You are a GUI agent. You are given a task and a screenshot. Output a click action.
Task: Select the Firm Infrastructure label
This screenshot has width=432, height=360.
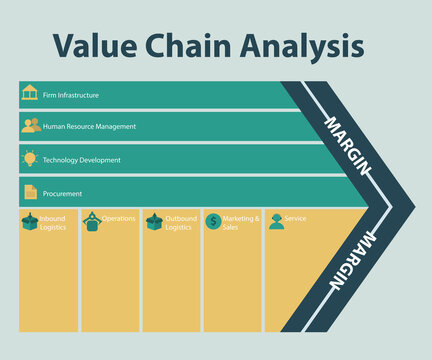tap(71, 96)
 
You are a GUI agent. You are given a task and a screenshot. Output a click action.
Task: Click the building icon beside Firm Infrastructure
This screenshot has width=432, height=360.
tap(30, 93)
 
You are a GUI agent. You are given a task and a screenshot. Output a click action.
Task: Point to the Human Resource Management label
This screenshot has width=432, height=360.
tap(89, 127)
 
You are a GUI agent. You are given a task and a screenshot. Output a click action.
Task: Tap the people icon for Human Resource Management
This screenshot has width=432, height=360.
tap(30, 125)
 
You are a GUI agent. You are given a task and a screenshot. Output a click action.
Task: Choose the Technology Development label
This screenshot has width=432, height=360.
tap(82, 160)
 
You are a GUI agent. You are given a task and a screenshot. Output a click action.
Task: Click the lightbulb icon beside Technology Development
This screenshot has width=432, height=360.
tap(30, 158)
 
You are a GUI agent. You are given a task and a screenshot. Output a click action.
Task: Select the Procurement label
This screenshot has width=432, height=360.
tap(63, 193)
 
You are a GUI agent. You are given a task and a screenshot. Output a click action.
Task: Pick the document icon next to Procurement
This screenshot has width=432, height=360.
tap(30, 191)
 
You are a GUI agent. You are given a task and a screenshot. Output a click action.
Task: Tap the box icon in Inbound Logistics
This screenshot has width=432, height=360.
tap(30, 221)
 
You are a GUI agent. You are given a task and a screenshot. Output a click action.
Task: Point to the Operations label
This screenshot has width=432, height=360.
tap(119, 218)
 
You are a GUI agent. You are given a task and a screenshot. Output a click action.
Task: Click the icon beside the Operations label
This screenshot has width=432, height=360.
tap(91, 220)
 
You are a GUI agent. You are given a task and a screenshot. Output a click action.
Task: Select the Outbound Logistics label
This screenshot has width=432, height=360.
tap(181, 223)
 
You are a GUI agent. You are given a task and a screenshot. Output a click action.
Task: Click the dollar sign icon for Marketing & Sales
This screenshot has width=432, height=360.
tap(213, 221)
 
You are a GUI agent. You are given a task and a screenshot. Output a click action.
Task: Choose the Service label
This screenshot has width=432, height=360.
tap(296, 218)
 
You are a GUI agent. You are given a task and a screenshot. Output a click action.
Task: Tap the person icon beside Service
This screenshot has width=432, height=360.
tap(276, 221)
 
